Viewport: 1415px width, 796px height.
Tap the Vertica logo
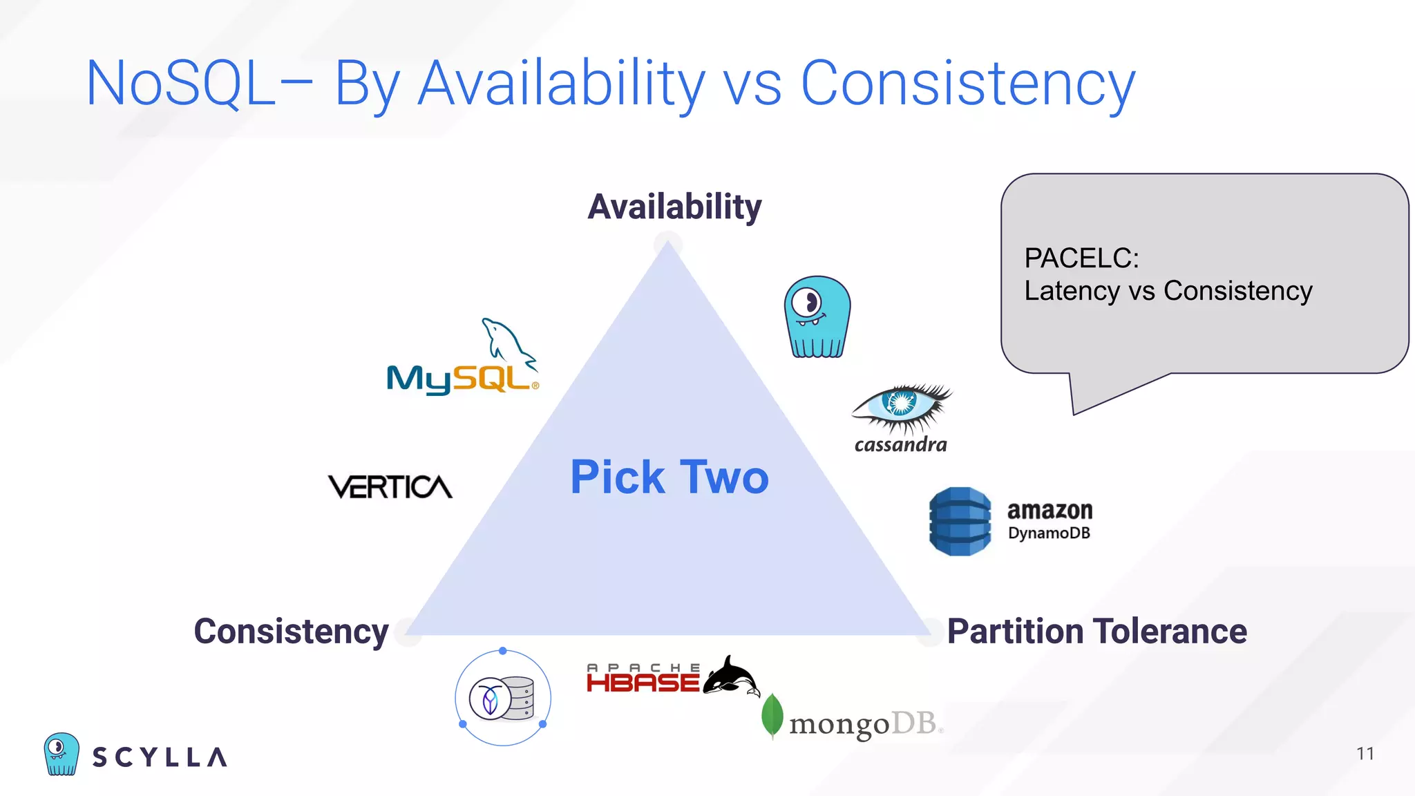tap(390, 487)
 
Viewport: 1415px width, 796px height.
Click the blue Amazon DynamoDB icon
tap(960, 522)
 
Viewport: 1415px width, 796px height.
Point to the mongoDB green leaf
tap(772, 716)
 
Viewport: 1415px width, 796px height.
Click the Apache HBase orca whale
tap(732, 676)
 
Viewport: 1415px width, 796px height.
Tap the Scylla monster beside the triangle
tap(817, 317)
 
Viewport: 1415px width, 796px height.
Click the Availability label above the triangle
tap(674, 207)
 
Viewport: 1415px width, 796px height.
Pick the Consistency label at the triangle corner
tap(291, 632)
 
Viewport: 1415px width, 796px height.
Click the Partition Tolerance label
tap(1096, 632)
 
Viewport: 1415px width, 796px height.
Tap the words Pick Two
tap(669, 477)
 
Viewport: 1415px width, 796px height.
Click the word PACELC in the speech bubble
tap(1081, 258)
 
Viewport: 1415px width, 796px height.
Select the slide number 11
tap(1365, 754)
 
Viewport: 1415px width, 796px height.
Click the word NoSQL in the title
tap(180, 84)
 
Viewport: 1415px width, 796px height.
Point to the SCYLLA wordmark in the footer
tap(160, 757)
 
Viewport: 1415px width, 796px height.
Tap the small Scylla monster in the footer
tap(61, 754)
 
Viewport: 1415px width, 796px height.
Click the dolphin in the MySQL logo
tap(508, 340)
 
